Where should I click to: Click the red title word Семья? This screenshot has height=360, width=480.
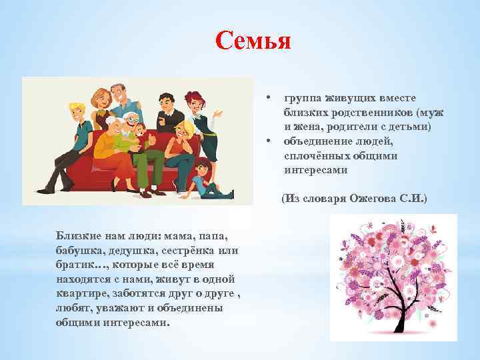pyautogui.click(x=253, y=41)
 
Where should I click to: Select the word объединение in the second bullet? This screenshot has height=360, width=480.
pyautogui.click(x=315, y=141)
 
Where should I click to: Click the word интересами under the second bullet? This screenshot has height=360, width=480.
pyautogui.click(x=315, y=170)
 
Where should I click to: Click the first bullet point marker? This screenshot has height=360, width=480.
pyautogui.click(x=267, y=98)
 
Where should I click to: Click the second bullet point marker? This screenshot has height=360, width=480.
pyautogui.click(x=267, y=141)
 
